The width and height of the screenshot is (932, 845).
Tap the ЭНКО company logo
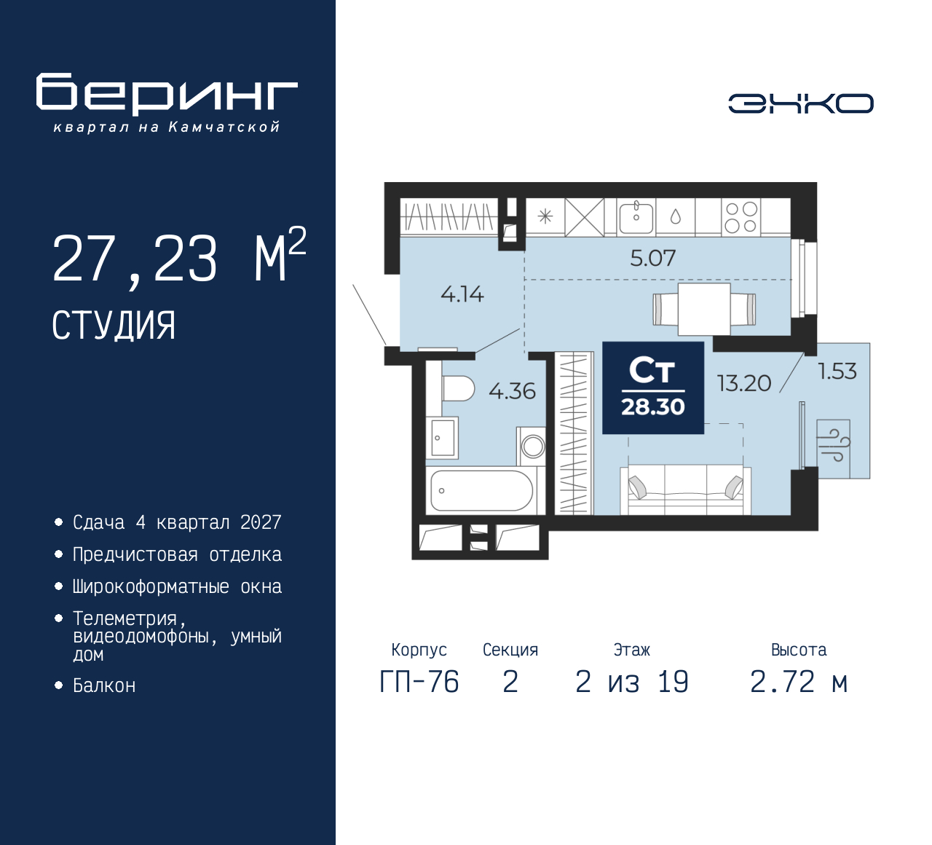pyautogui.click(x=800, y=103)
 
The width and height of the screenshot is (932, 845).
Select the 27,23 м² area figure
pyautogui.click(x=179, y=256)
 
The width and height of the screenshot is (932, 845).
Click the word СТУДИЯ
pyautogui.click(x=114, y=326)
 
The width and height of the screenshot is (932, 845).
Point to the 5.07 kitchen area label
pyautogui.click(x=653, y=258)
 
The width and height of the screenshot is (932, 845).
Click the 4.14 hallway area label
pyautogui.click(x=462, y=294)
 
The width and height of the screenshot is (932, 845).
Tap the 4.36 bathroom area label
pyautogui.click(x=512, y=391)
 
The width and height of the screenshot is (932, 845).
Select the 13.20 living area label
pyautogui.click(x=744, y=383)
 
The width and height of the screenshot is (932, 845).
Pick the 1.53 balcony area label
pyautogui.click(x=837, y=372)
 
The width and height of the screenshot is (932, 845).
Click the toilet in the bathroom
pyautogui.click(x=458, y=388)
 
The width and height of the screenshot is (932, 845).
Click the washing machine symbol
pyautogui.click(x=532, y=447)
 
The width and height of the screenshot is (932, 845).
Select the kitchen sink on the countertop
pyautogui.click(x=636, y=216)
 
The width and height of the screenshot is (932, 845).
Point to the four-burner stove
pyautogui.click(x=741, y=217)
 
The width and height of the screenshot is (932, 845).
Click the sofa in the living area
pyautogui.click(x=686, y=489)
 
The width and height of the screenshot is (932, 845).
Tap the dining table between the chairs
pyautogui.click(x=704, y=309)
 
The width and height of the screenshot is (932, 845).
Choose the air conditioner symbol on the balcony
pyautogui.click(x=834, y=449)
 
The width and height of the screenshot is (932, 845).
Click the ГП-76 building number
pyautogui.click(x=419, y=682)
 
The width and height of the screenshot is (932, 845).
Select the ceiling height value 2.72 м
pyautogui.click(x=799, y=682)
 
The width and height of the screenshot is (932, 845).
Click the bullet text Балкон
pyautogui.click(x=104, y=685)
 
